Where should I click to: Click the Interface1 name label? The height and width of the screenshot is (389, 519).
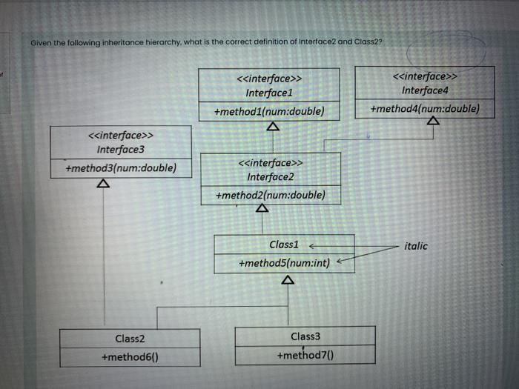pos(269,93)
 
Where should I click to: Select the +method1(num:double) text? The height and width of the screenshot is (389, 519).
pos(269,112)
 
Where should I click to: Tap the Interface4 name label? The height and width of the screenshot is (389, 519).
pos(425,90)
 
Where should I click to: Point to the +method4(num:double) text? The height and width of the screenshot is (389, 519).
pos(425,109)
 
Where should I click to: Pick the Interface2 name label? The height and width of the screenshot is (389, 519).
pos(271,176)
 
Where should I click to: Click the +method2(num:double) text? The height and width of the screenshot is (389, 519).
pos(270,196)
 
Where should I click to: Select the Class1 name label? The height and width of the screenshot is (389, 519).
pos(283,245)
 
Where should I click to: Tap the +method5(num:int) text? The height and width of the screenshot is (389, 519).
pos(285,263)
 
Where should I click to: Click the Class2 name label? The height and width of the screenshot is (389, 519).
pos(130,339)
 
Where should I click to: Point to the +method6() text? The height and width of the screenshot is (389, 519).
pos(130,357)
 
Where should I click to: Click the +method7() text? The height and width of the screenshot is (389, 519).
pos(305,355)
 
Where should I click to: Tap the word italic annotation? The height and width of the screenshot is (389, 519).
pos(416,245)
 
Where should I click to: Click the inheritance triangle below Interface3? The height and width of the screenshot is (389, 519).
pos(105,182)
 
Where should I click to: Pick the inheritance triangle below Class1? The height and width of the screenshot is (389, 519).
pos(288,280)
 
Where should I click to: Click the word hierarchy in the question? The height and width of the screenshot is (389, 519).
pos(153,42)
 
